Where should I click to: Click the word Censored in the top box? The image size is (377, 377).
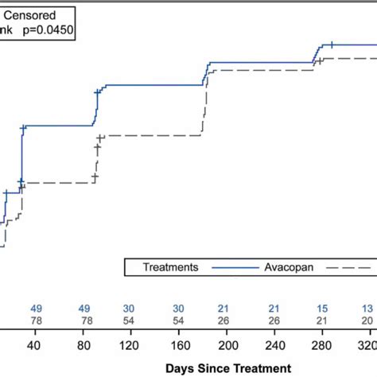click(x=31, y=14)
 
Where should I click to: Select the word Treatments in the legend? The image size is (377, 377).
click(x=170, y=268)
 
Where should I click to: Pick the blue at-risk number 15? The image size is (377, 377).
click(x=322, y=308)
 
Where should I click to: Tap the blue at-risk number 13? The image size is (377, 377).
click(x=367, y=308)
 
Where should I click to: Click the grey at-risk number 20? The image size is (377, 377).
click(x=367, y=320)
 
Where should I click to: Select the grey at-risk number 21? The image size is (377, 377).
click(x=322, y=320)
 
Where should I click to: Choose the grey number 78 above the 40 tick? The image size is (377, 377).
click(x=36, y=320)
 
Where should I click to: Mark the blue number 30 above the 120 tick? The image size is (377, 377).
click(x=129, y=308)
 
